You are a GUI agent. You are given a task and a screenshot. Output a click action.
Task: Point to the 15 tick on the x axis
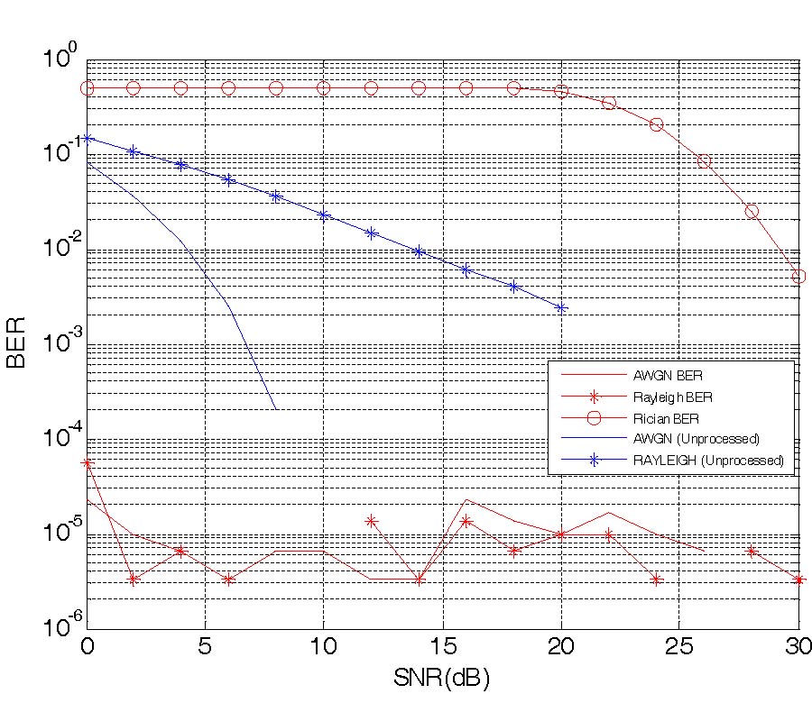(x=442, y=646)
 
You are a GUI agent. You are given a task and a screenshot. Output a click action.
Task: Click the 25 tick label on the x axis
(x=679, y=646)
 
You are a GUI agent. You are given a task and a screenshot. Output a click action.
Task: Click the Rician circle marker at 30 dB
(x=798, y=276)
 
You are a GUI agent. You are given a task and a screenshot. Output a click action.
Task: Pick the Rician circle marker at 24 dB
(x=656, y=124)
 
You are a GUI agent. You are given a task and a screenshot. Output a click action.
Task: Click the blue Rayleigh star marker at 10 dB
(x=324, y=214)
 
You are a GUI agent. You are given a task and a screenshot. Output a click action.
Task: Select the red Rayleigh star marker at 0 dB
(x=88, y=463)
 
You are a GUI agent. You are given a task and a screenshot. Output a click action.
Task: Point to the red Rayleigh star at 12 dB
(x=371, y=521)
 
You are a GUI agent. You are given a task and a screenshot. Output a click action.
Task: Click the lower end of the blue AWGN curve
(x=275, y=409)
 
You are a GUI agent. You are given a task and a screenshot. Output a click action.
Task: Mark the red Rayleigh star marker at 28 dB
(x=751, y=551)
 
